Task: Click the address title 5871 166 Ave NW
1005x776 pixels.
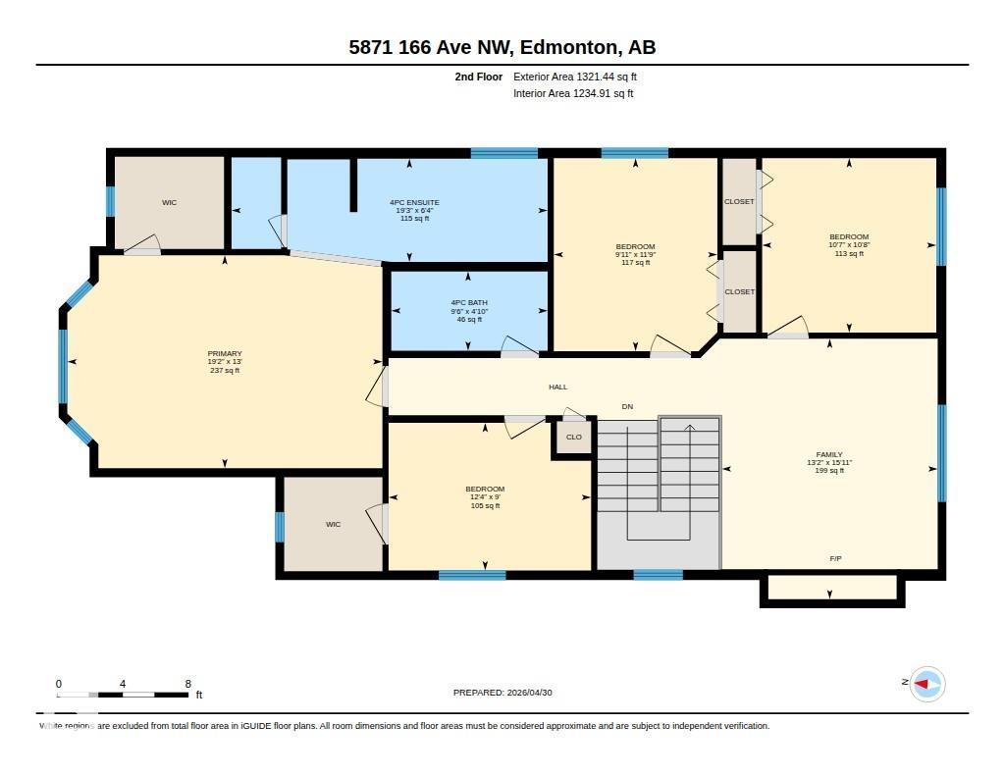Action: [502, 47]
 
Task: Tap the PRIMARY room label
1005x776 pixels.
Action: [224, 354]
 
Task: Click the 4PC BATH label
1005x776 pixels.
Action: [468, 303]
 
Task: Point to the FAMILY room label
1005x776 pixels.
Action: [829, 455]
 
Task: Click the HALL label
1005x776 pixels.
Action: [557, 388]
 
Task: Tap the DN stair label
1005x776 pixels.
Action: [627, 406]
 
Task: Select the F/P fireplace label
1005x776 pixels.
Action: [835, 558]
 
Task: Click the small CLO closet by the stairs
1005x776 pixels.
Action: [574, 438]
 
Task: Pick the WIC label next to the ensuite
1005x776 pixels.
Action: [169, 203]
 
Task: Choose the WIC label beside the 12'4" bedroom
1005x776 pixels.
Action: [333, 525]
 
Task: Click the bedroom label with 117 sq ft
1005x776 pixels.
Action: [635, 247]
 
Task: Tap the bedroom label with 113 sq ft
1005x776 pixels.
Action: [849, 237]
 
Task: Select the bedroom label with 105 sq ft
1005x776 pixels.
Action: [485, 490]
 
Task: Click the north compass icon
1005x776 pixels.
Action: [926, 684]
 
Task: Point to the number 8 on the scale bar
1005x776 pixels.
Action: [187, 684]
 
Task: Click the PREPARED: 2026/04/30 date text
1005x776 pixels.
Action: [503, 693]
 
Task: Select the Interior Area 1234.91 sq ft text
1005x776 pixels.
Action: [573, 94]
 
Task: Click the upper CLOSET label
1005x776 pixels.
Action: [739, 202]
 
